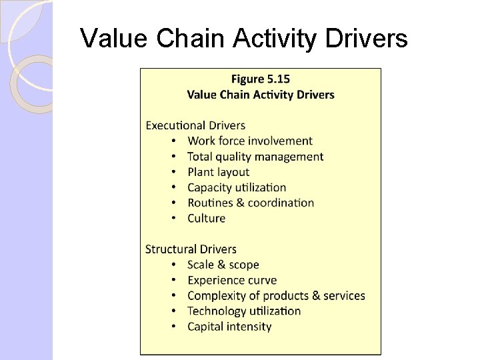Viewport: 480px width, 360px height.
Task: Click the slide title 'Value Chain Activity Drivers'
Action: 243,39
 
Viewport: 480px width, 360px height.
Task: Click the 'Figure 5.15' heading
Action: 260,79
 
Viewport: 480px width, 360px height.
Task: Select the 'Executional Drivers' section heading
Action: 195,125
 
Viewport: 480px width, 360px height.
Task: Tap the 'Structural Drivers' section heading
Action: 191,249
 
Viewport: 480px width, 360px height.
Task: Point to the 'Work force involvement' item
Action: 250,141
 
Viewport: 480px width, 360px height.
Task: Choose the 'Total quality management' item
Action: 255,157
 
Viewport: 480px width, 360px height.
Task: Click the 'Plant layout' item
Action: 218,172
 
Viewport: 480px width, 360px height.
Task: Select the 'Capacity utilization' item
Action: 237,187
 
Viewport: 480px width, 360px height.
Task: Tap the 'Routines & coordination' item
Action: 251,203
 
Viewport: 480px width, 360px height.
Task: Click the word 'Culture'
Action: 207,218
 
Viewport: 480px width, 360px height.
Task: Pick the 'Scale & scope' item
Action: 223,265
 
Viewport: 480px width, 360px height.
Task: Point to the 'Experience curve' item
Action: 232,280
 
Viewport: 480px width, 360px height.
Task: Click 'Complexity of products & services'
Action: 276,295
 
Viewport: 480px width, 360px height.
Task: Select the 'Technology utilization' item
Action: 244,311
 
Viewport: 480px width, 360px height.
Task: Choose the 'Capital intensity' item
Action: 229,327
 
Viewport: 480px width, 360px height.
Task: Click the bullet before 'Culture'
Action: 173,219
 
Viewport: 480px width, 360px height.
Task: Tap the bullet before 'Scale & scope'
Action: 173,265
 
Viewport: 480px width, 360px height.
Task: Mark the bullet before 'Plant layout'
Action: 173,173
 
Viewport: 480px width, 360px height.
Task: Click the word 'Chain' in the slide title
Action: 191,39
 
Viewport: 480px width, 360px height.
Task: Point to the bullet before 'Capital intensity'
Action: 173,327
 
